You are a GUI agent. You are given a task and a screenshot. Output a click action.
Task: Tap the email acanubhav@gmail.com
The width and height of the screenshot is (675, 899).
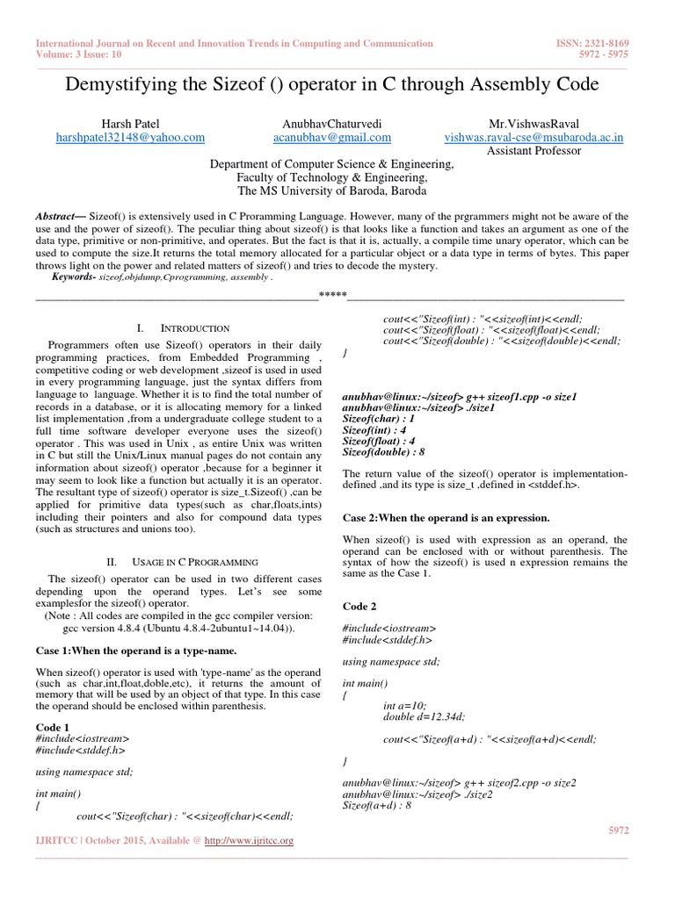pos(331,138)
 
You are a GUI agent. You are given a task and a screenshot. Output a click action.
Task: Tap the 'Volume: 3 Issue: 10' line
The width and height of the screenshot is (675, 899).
pos(81,54)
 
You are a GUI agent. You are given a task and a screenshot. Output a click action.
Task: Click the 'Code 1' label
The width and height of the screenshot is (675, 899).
pos(52,728)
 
